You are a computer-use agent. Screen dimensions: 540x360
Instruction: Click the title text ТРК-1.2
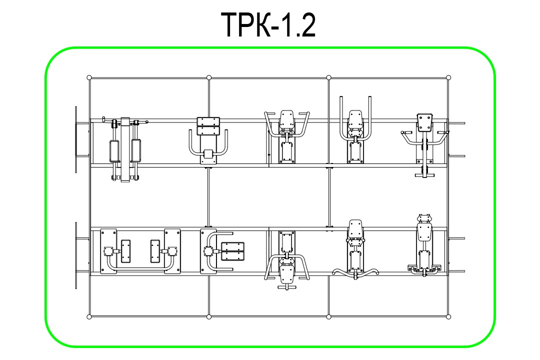268,24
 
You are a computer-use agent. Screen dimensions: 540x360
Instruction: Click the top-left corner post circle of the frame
89,77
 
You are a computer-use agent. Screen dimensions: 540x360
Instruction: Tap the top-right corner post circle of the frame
448,77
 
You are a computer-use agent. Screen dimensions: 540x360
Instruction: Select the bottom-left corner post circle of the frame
89,316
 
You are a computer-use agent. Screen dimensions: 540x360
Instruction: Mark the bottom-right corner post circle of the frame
448,316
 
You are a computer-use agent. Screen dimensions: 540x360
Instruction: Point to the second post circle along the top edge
208,77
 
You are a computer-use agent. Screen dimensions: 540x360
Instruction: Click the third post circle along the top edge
328,77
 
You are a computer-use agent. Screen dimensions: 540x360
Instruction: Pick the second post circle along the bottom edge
208,316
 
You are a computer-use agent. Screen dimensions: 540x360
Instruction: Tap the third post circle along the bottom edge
328,316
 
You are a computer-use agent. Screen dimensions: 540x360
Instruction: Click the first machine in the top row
125,149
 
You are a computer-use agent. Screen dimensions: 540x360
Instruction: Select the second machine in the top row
208,140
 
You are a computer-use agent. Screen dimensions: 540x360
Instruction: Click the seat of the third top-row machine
287,119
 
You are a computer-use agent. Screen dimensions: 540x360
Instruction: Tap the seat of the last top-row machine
424,122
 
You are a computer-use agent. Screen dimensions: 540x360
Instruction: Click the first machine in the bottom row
140,251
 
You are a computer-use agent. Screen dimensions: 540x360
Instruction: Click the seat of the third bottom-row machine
287,274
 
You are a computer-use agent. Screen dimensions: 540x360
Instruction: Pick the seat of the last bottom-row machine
424,232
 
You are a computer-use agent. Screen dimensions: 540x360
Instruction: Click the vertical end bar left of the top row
76,139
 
